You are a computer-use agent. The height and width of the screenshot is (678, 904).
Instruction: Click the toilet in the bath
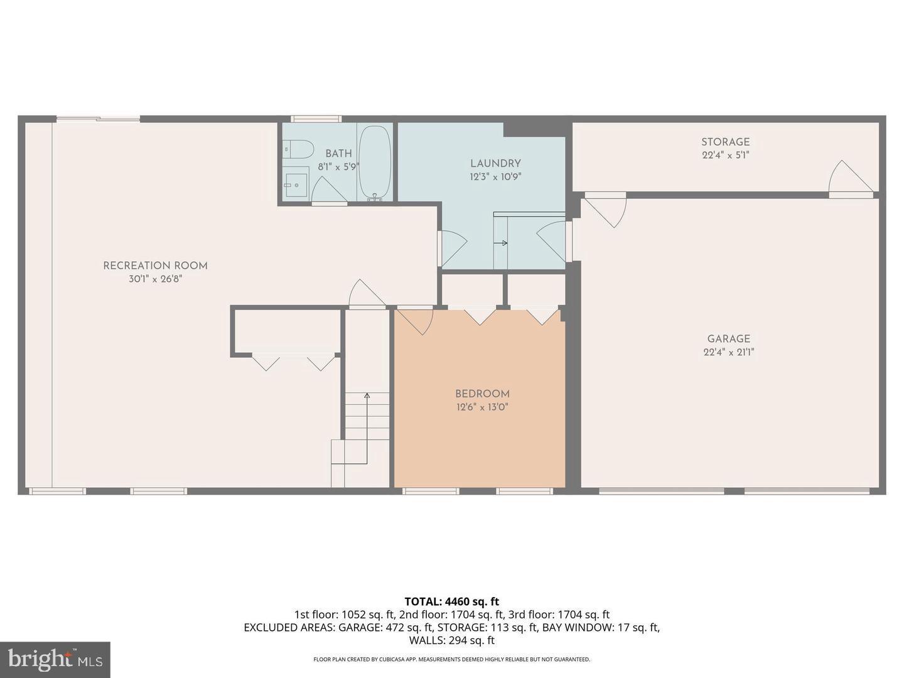pyautogui.click(x=299, y=150)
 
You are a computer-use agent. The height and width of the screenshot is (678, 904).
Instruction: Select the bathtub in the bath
pyautogui.click(x=375, y=162)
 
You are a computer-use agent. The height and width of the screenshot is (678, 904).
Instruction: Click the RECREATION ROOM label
pyautogui.click(x=155, y=266)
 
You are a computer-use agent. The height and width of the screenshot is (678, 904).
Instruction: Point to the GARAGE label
pyautogui.click(x=728, y=339)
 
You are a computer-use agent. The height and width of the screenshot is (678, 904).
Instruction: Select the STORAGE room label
pyautogui.click(x=725, y=142)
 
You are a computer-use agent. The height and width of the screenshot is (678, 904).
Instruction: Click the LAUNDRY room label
pyautogui.click(x=495, y=163)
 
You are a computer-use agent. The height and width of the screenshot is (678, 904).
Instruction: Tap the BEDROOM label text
pyautogui.click(x=482, y=394)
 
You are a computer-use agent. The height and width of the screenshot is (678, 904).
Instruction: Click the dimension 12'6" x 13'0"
pyautogui.click(x=482, y=407)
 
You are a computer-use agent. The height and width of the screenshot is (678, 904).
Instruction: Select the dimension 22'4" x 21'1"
pyautogui.click(x=728, y=352)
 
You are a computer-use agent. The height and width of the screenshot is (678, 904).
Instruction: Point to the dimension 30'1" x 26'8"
pyautogui.click(x=155, y=279)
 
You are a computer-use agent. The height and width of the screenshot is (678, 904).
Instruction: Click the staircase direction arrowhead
pyautogui.click(x=367, y=395)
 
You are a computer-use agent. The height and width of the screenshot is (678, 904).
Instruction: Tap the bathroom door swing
pyautogui.click(x=326, y=189)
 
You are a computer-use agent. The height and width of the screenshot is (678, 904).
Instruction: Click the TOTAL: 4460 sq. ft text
pyautogui.click(x=451, y=601)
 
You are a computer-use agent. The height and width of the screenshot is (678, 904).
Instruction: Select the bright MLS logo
pyautogui.click(x=55, y=659)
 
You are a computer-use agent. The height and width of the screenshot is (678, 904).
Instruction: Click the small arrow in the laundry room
pyautogui.click(x=503, y=243)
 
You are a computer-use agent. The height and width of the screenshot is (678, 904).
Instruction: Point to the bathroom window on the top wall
pyautogui.click(x=316, y=119)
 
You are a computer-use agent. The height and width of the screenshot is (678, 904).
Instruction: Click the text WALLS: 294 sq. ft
pyautogui.click(x=451, y=640)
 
